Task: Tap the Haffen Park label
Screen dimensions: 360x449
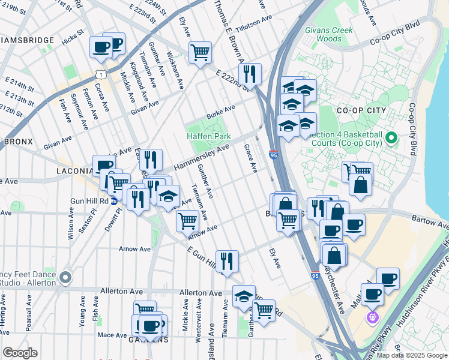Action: coord(208,136)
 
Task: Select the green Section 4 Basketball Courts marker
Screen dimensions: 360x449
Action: coord(391,139)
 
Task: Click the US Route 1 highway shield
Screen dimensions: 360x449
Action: coord(103,74)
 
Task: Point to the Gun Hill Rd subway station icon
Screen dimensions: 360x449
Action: coord(113,201)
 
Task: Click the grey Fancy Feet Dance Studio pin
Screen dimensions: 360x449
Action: coord(65,278)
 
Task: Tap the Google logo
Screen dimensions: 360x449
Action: coord(20,353)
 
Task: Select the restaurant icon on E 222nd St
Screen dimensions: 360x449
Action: coord(250,73)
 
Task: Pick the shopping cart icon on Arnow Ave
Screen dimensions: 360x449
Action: coord(187,220)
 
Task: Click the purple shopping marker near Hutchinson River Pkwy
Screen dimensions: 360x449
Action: coord(373,316)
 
